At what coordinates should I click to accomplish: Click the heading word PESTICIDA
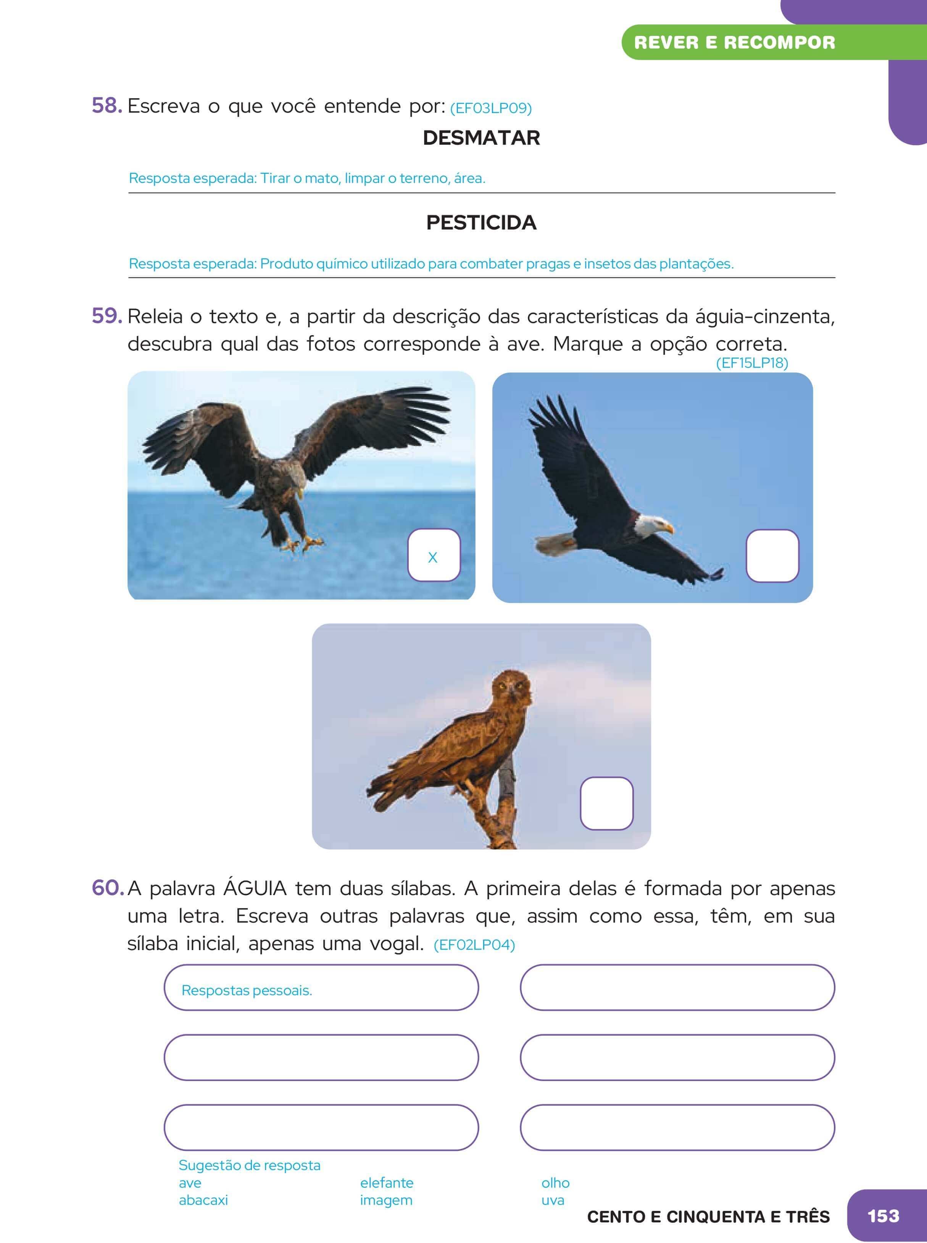point(481,223)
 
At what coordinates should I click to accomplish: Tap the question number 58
point(106,105)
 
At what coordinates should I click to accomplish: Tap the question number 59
point(106,316)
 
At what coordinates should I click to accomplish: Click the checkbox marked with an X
point(433,555)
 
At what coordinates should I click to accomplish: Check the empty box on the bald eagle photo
point(772,556)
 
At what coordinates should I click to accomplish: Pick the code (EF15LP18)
point(752,363)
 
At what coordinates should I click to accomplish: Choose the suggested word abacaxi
point(203,1200)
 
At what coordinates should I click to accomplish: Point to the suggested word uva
point(552,1200)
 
